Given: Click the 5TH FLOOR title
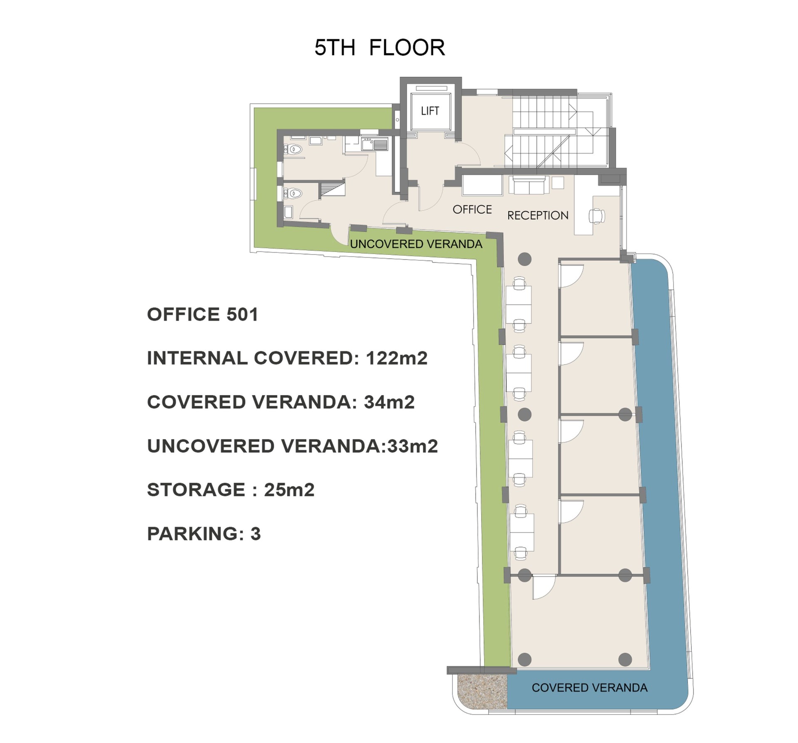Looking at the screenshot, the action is tap(379, 47).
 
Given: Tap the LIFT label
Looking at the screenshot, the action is tap(430, 111).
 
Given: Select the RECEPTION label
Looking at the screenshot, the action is tap(538, 215).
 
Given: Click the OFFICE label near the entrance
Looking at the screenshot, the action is tap(472, 209).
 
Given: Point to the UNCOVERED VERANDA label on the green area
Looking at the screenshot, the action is tap(416, 244).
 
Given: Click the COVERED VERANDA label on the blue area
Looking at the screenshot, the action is tap(589, 688).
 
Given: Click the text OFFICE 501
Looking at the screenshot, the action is tap(202, 314).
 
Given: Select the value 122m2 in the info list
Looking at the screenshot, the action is tap(397, 358).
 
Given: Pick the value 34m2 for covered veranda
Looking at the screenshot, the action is tap(389, 402).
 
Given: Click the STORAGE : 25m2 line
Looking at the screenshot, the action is tap(231, 490).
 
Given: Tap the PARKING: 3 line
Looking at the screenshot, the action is tap(204, 534).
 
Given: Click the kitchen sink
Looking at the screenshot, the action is tap(374, 144).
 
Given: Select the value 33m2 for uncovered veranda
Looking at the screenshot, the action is tap(413, 446).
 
